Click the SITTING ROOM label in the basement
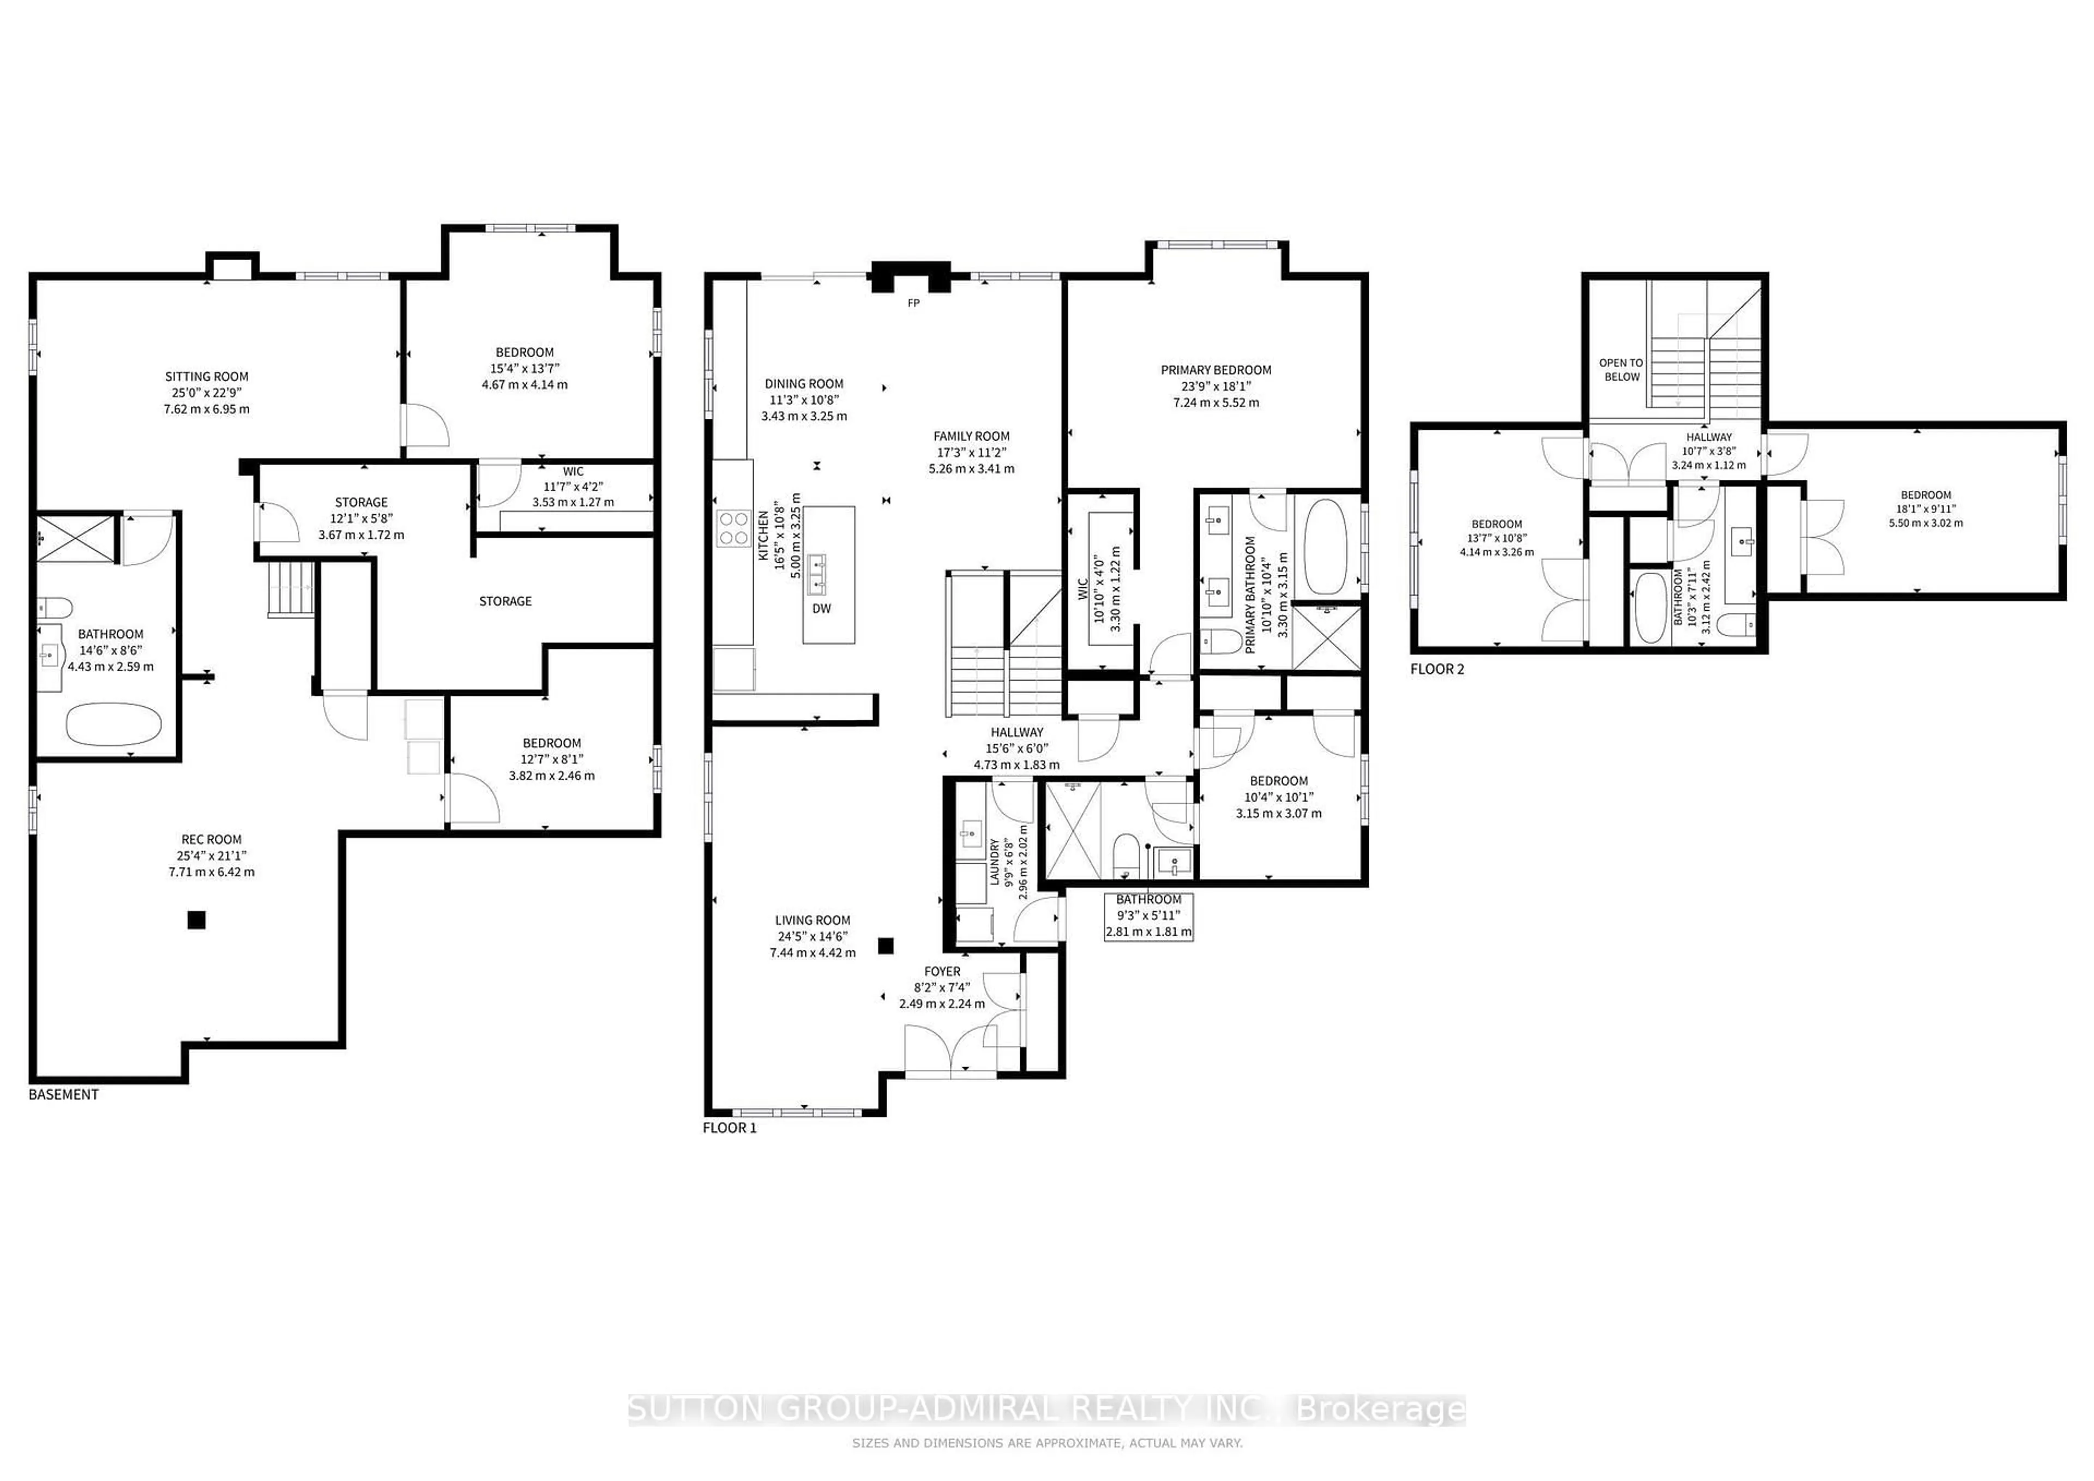click(x=206, y=376)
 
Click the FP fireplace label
click(x=913, y=303)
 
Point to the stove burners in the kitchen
click(x=733, y=528)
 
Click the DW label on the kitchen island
click(x=822, y=609)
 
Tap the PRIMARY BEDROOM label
click(x=1216, y=369)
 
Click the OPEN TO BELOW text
click(x=1621, y=369)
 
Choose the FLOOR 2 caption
click(x=1437, y=669)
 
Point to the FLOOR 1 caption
click(x=730, y=1128)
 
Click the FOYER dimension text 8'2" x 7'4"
click(x=942, y=988)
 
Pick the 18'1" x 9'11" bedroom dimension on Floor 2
click(x=1926, y=509)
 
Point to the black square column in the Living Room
click(x=884, y=946)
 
